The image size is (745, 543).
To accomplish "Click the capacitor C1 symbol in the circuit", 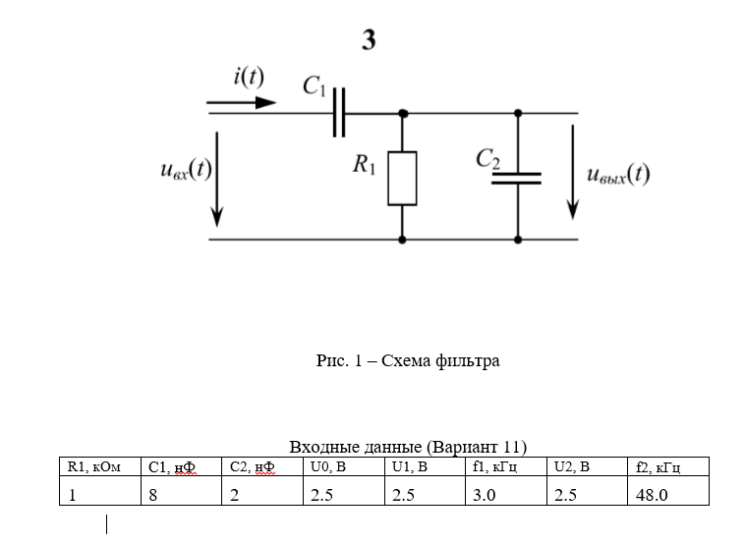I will [340, 112].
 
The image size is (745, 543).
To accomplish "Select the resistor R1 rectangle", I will [402, 178].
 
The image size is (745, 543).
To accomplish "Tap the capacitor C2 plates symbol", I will [517, 178].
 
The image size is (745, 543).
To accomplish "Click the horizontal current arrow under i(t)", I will [241, 101].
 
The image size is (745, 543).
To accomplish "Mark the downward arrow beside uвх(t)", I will [217, 177].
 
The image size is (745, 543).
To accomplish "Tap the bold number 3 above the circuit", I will [369, 41].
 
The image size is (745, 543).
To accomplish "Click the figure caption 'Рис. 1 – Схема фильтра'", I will [408, 361].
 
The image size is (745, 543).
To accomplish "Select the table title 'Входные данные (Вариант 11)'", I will [408, 447].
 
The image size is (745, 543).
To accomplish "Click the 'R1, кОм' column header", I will [93, 466].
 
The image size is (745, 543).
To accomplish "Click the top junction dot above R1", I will [402, 113].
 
